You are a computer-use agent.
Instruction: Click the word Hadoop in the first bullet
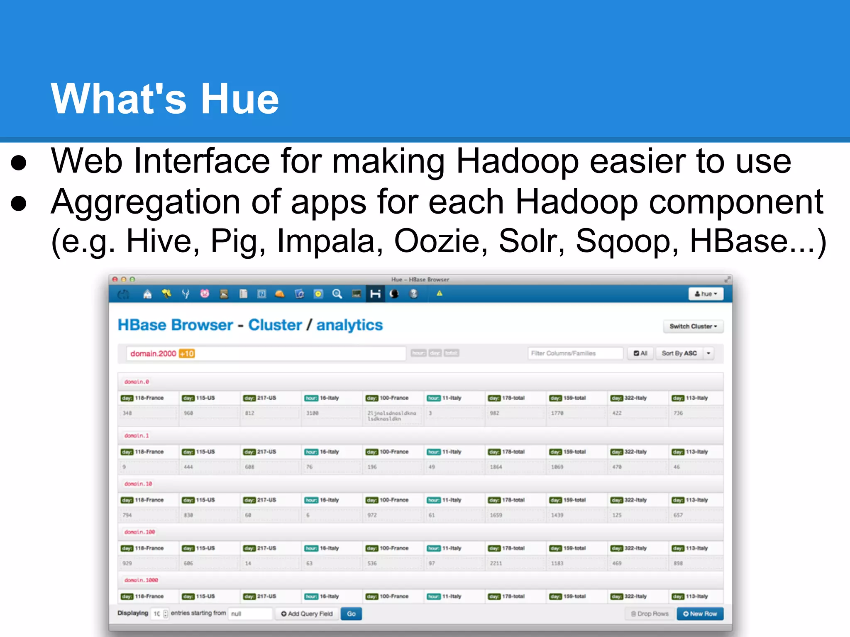517,161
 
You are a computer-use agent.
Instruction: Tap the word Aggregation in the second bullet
145,202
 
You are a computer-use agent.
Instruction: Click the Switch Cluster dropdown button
693,326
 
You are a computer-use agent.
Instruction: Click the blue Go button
351,614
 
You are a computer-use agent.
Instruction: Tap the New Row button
700,614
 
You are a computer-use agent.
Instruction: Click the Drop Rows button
650,614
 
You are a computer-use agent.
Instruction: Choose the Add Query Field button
307,614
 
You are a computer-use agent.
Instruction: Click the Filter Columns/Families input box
575,353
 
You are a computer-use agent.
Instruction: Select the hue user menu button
706,294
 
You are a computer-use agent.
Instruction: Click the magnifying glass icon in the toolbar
337,294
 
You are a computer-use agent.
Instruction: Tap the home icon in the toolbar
147,294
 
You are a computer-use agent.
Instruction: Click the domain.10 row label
138,484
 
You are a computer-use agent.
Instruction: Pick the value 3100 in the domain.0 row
313,413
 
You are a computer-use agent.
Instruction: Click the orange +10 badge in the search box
187,354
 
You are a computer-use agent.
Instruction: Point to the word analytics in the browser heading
349,325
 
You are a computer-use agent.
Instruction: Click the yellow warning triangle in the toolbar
439,294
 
